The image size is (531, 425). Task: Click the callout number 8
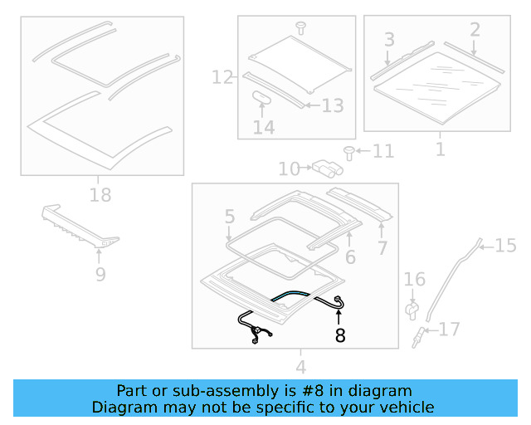pos(340,335)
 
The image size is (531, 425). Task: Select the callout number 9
pos(100,274)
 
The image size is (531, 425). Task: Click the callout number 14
pos(264,128)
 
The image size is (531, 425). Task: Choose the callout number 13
pos(332,105)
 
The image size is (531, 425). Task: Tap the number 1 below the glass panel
pos(440,149)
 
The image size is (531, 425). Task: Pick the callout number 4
pos(300,366)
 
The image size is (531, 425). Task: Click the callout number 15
pos(505,245)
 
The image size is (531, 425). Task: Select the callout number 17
pos(449,330)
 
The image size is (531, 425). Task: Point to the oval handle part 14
pos(263,97)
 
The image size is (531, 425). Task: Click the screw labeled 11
pos(349,151)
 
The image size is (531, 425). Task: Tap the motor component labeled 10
pos(324,169)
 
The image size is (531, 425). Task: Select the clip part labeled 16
pos(412,310)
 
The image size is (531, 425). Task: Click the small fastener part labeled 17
pos(421,335)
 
